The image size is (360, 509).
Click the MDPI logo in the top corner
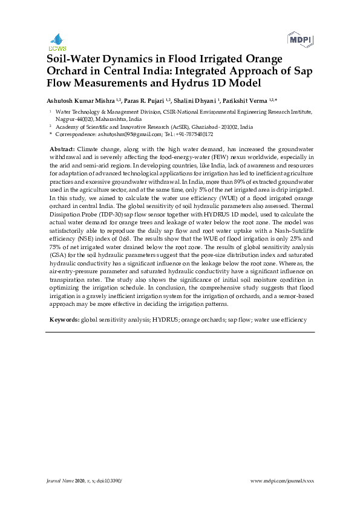point(301,40)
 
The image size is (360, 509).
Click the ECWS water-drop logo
point(57,41)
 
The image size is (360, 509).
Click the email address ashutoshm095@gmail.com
point(122,134)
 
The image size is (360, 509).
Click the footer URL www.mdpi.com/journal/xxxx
point(282,480)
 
